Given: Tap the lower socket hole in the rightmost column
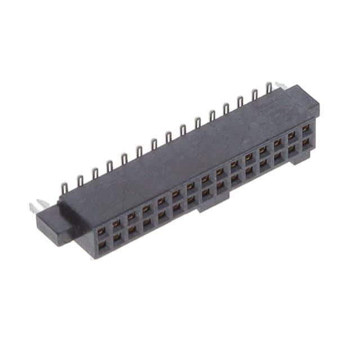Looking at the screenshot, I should (306, 143).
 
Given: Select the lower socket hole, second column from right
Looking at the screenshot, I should (292, 150).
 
